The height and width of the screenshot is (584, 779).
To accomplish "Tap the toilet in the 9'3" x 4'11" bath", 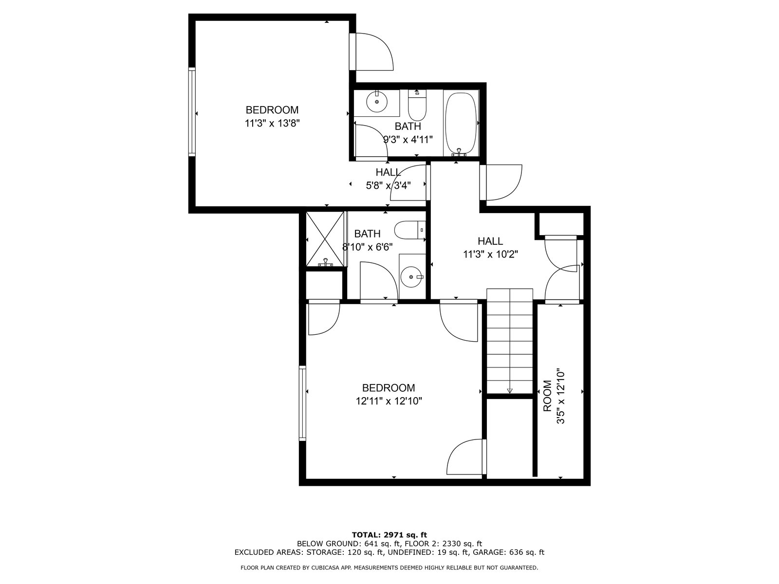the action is tap(417, 105).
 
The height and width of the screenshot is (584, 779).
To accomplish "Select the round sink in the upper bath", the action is tap(376, 102).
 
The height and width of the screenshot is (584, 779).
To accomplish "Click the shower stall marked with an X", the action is tap(325, 239).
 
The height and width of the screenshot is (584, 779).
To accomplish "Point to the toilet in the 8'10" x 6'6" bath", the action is tap(410, 230).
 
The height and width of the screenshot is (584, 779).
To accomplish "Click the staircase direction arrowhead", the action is tap(510, 391).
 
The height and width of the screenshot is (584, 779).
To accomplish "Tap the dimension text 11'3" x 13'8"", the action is tap(272, 124).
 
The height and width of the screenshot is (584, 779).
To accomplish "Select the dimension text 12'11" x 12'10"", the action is tap(389, 401).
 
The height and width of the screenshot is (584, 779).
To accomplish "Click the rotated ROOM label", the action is tap(547, 396).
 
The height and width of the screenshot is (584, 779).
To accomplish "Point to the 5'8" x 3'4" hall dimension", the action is tap(388, 185).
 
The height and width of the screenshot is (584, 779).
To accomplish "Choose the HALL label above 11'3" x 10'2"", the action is tap(490, 241).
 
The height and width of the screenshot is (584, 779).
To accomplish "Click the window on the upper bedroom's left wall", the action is tap(192, 112).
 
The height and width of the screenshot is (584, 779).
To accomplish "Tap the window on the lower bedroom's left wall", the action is tap(302, 403).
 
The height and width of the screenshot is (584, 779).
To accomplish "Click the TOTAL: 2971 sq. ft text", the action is tap(389, 535).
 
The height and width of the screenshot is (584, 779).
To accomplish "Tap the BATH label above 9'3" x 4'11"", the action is tap(408, 126).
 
